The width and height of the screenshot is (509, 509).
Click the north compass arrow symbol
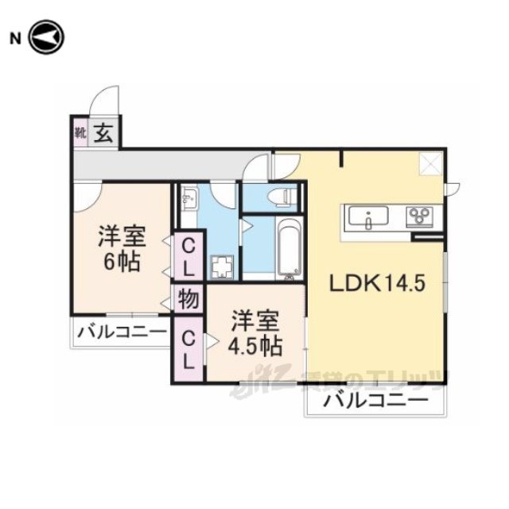click(46, 37)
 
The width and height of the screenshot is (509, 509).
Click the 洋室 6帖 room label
click(119, 249)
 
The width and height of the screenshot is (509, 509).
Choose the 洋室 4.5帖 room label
click(254, 334)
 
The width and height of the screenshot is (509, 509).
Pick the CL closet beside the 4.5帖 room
click(188, 349)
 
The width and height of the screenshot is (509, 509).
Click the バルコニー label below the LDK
click(372, 402)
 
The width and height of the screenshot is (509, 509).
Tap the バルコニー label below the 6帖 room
click(122, 332)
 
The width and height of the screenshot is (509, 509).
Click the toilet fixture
click(282, 196)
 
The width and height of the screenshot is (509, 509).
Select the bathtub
click(289, 248)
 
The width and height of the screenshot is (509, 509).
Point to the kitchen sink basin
click(367, 216)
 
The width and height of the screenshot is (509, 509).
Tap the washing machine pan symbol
click(222, 265)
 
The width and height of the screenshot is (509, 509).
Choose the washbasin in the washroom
click(188, 198)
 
